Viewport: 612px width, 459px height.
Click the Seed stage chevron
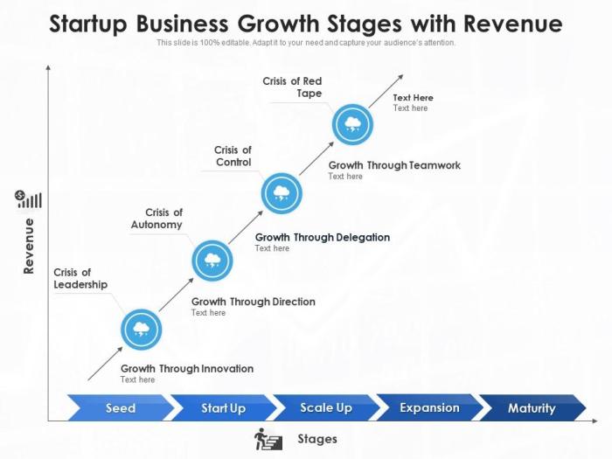coord(121,408)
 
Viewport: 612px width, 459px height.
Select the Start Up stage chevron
coord(223,408)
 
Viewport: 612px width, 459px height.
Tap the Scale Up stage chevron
coord(325,408)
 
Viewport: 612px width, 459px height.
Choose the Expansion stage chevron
coord(428,408)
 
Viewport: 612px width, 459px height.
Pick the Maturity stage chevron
coord(532,408)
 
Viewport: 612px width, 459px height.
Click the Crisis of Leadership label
coord(80,278)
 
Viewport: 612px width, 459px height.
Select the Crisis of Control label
coord(233,156)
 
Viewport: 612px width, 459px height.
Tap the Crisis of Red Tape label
coord(292,87)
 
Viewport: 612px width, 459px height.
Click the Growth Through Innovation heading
coord(187,368)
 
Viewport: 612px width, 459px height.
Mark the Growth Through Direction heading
coord(254,302)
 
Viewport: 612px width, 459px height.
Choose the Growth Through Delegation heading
coord(323,237)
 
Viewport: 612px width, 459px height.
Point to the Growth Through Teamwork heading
coord(394,165)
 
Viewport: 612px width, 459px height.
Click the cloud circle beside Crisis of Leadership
coord(141,330)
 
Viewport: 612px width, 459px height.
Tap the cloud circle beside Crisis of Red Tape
coord(352,124)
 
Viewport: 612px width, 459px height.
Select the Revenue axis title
coord(29,247)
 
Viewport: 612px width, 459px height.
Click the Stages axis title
coord(317,439)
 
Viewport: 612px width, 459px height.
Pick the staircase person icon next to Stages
coord(268,439)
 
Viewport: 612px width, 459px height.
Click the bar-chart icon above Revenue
coord(29,200)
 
